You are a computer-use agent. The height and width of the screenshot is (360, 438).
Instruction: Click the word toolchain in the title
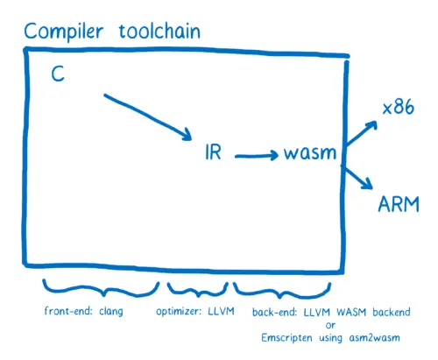(x=159, y=32)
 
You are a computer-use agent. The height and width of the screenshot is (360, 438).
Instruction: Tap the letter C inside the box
(x=58, y=76)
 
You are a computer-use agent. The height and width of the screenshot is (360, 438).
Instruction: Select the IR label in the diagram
(x=213, y=152)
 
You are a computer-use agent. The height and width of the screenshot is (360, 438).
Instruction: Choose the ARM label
(x=399, y=204)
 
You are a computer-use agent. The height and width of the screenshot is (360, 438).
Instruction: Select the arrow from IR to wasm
(x=255, y=156)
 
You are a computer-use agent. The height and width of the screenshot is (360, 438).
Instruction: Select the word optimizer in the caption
(x=180, y=312)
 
